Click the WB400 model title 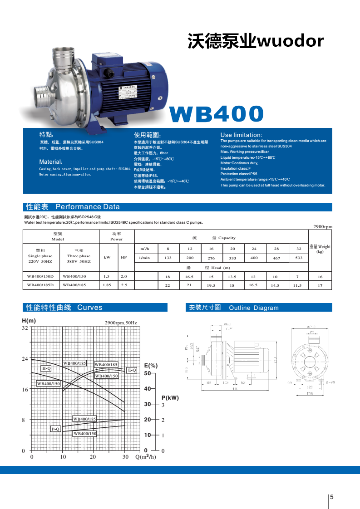coord(216,114)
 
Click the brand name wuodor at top coord(290,41)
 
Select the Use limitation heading coord(241,135)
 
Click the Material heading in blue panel coord(50,162)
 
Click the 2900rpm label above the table coord(323,226)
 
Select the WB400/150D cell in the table coord(40,276)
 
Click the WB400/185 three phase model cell coord(74,285)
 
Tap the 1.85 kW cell coord(107,285)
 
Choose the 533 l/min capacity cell coord(298,258)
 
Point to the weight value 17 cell coord(320,286)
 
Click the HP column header coord(123,257)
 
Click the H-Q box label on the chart coord(46,368)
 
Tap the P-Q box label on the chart coord(56,428)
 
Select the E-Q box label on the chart coord(132,370)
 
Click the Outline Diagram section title coord(253,308)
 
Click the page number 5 coord(331,497)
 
